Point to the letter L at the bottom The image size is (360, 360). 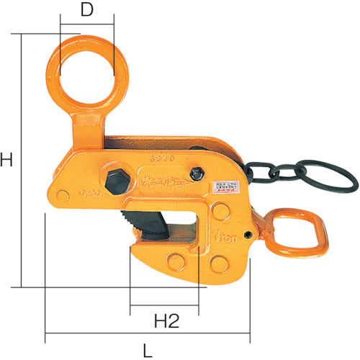(148, 351)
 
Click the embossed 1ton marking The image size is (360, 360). (235, 233)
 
